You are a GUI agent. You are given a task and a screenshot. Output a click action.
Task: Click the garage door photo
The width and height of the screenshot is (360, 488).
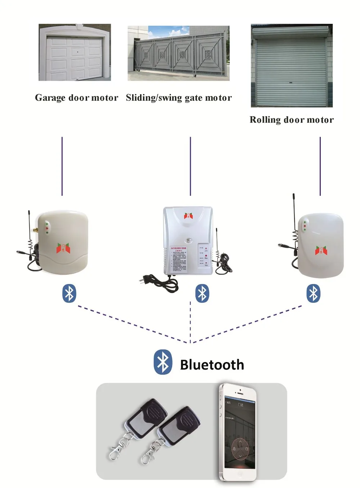pyautogui.click(x=75, y=53)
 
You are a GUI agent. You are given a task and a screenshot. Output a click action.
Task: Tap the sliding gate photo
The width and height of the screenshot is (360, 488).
pyautogui.click(x=179, y=53)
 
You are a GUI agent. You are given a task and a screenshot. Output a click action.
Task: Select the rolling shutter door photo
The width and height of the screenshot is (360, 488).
pyautogui.click(x=292, y=65)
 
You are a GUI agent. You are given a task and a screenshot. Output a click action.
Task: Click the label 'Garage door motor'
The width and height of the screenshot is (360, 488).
pyautogui.click(x=76, y=98)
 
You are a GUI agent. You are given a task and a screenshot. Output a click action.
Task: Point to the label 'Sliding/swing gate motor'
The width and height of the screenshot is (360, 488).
pyautogui.click(x=179, y=98)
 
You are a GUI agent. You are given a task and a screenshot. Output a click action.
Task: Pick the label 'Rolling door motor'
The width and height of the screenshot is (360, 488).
pyautogui.click(x=292, y=120)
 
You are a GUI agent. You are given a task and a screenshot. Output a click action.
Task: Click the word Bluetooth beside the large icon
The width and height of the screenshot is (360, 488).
pyautogui.click(x=212, y=365)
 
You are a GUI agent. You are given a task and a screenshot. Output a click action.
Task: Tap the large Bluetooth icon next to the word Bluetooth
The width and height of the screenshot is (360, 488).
pyautogui.click(x=163, y=362)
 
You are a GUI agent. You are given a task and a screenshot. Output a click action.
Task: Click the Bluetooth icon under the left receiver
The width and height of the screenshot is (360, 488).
pyautogui.click(x=69, y=293)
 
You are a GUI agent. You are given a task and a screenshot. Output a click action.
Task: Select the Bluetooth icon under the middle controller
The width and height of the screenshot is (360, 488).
pyautogui.click(x=202, y=293)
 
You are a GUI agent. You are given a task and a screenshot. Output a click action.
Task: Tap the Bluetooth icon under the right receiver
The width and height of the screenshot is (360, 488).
pyautogui.click(x=313, y=293)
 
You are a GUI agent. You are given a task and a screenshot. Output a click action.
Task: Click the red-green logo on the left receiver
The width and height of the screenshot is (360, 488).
pyautogui.click(x=63, y=248)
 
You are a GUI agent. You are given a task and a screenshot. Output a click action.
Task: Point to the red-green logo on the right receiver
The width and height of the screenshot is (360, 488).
pyautogui.click(x=321, y=250)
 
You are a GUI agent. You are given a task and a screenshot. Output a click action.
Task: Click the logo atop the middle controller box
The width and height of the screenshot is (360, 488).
pyautogui.click(x=188, y=216)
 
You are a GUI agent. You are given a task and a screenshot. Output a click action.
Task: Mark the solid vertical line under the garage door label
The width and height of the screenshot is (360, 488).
pyautogui.click(x=62, y=166)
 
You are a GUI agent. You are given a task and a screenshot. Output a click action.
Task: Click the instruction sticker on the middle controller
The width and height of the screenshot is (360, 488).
pyautogui.click(x=179, y=259)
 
